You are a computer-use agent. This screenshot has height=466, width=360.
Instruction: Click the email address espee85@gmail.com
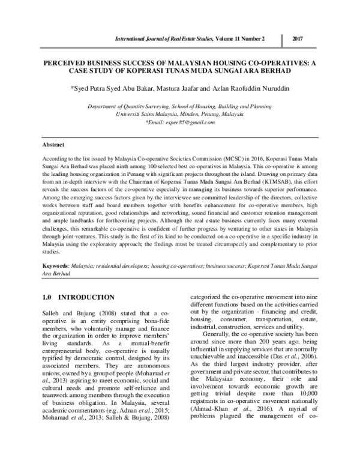point(182,122)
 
